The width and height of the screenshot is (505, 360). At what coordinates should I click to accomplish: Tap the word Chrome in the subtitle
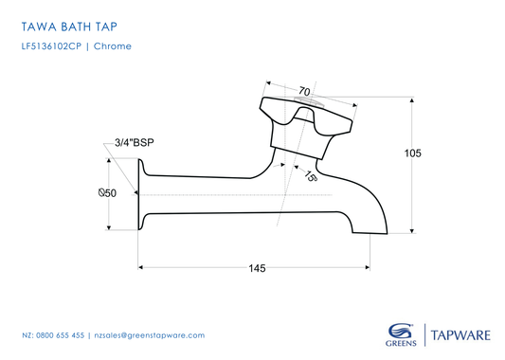pyautogui.click(x=113, y=45)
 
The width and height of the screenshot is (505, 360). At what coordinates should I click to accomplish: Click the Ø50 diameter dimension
pyautogui.click(x=107, y=193)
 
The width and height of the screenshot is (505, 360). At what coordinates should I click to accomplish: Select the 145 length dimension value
pyautogui.click(x=256, y=269)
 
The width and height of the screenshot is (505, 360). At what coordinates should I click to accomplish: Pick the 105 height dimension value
pyautogui.click(x=411, y=153)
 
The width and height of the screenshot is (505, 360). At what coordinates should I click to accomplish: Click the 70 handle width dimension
pyautogui.click(x=304, y=92)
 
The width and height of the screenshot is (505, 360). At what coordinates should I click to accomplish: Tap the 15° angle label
pyautogui.click(x=311, y=175)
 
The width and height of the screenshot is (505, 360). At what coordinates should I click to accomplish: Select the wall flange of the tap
pyautogui.click(x=141, y=193)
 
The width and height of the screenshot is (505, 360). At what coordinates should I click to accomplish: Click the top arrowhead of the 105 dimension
pyautogui.click(x=411, y=99)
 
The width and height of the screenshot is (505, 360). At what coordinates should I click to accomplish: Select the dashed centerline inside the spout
pyautogui.click(x=237, y=194)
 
